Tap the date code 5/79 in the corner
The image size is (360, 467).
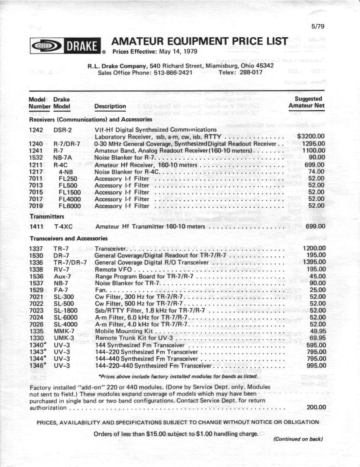[x=318, y=26]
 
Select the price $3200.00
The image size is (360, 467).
[x=311, y=136]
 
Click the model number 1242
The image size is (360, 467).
[x=36, y=129]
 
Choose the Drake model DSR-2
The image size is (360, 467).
[x=62, y=129]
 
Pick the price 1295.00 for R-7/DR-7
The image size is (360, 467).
[x=313, y=143]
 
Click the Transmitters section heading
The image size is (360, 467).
[x=47, y=216]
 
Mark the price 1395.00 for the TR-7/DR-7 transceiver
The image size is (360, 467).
[x=313, y=263]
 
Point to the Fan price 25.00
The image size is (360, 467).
[x=318, y=290]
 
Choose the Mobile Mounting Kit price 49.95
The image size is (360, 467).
[x=318, y=331]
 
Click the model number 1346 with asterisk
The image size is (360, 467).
[x=38, y=366]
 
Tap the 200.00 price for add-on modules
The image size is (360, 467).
[x=316, y=407]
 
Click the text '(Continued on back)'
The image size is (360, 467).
[x=298, y=439]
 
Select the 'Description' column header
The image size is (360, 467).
[x=110, y=106]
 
